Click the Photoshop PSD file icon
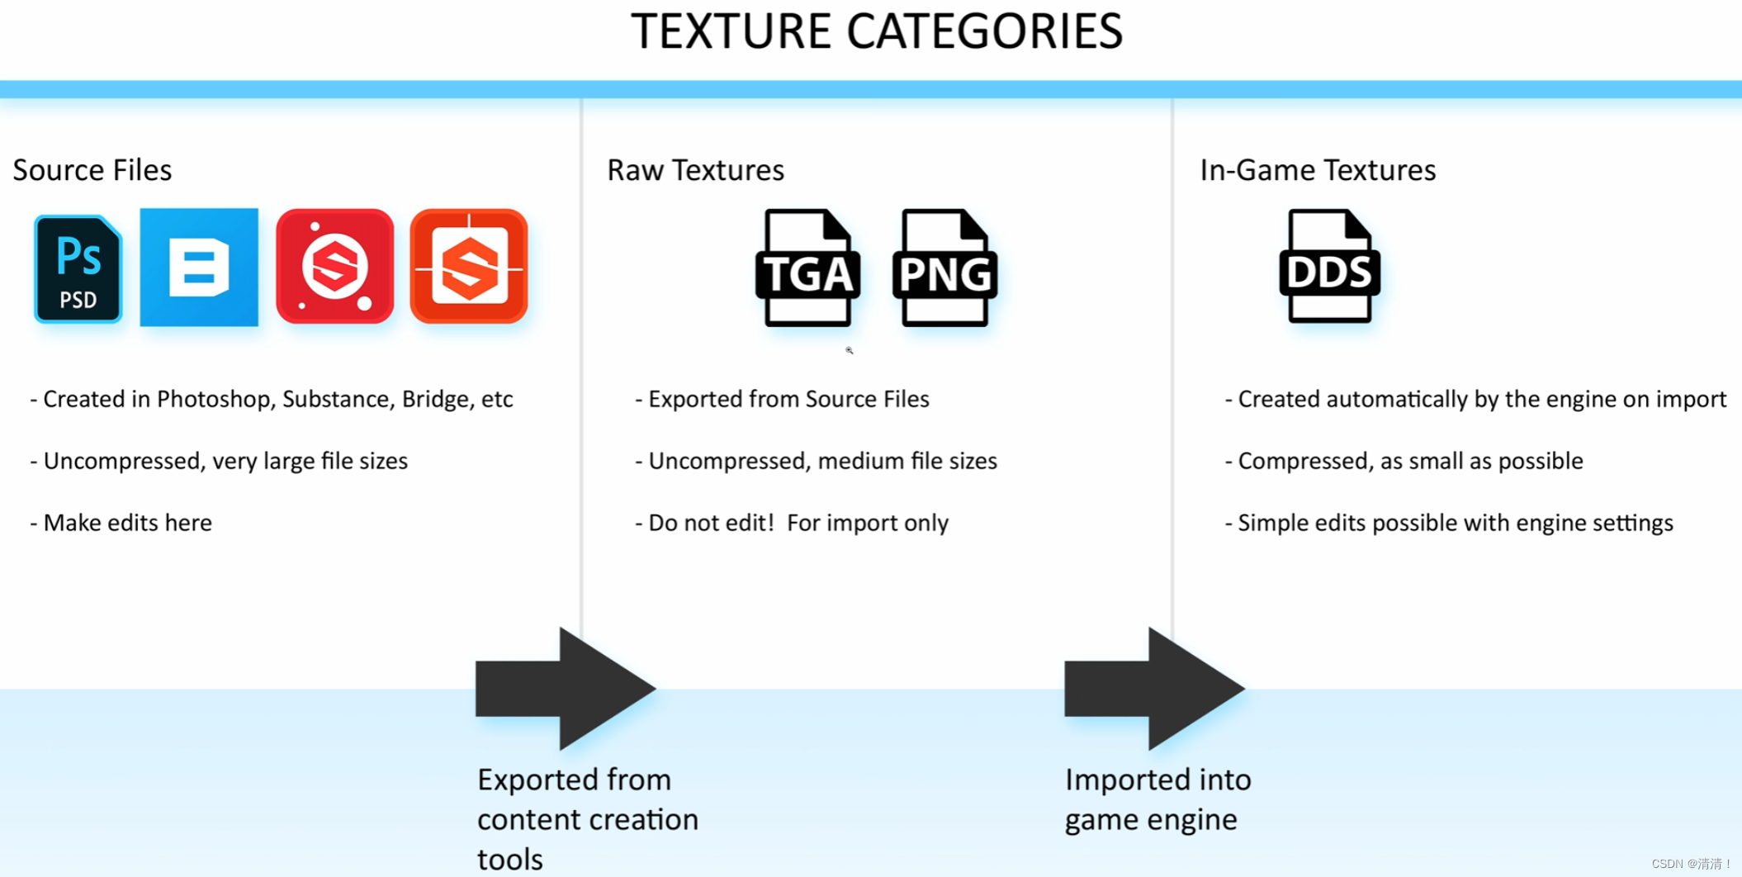[x=78, y=268]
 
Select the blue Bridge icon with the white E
[x=199, y=268]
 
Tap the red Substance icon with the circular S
[x=334, y=267]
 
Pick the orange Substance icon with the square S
[x=469, y=267]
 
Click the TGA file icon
[x=807, y=268]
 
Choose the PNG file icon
[x=944, y=268]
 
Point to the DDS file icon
[x=1329, y=267]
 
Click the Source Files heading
[x=92, y=170]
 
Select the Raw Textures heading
[x=695, y=170]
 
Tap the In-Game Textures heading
[x=1318, y=170]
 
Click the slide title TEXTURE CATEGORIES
[x=876, y=32]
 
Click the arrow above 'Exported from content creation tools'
[x=566, y=688]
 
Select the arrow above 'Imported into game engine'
[x=1154, y=688]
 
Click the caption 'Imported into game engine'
[x=1157, y=799]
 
